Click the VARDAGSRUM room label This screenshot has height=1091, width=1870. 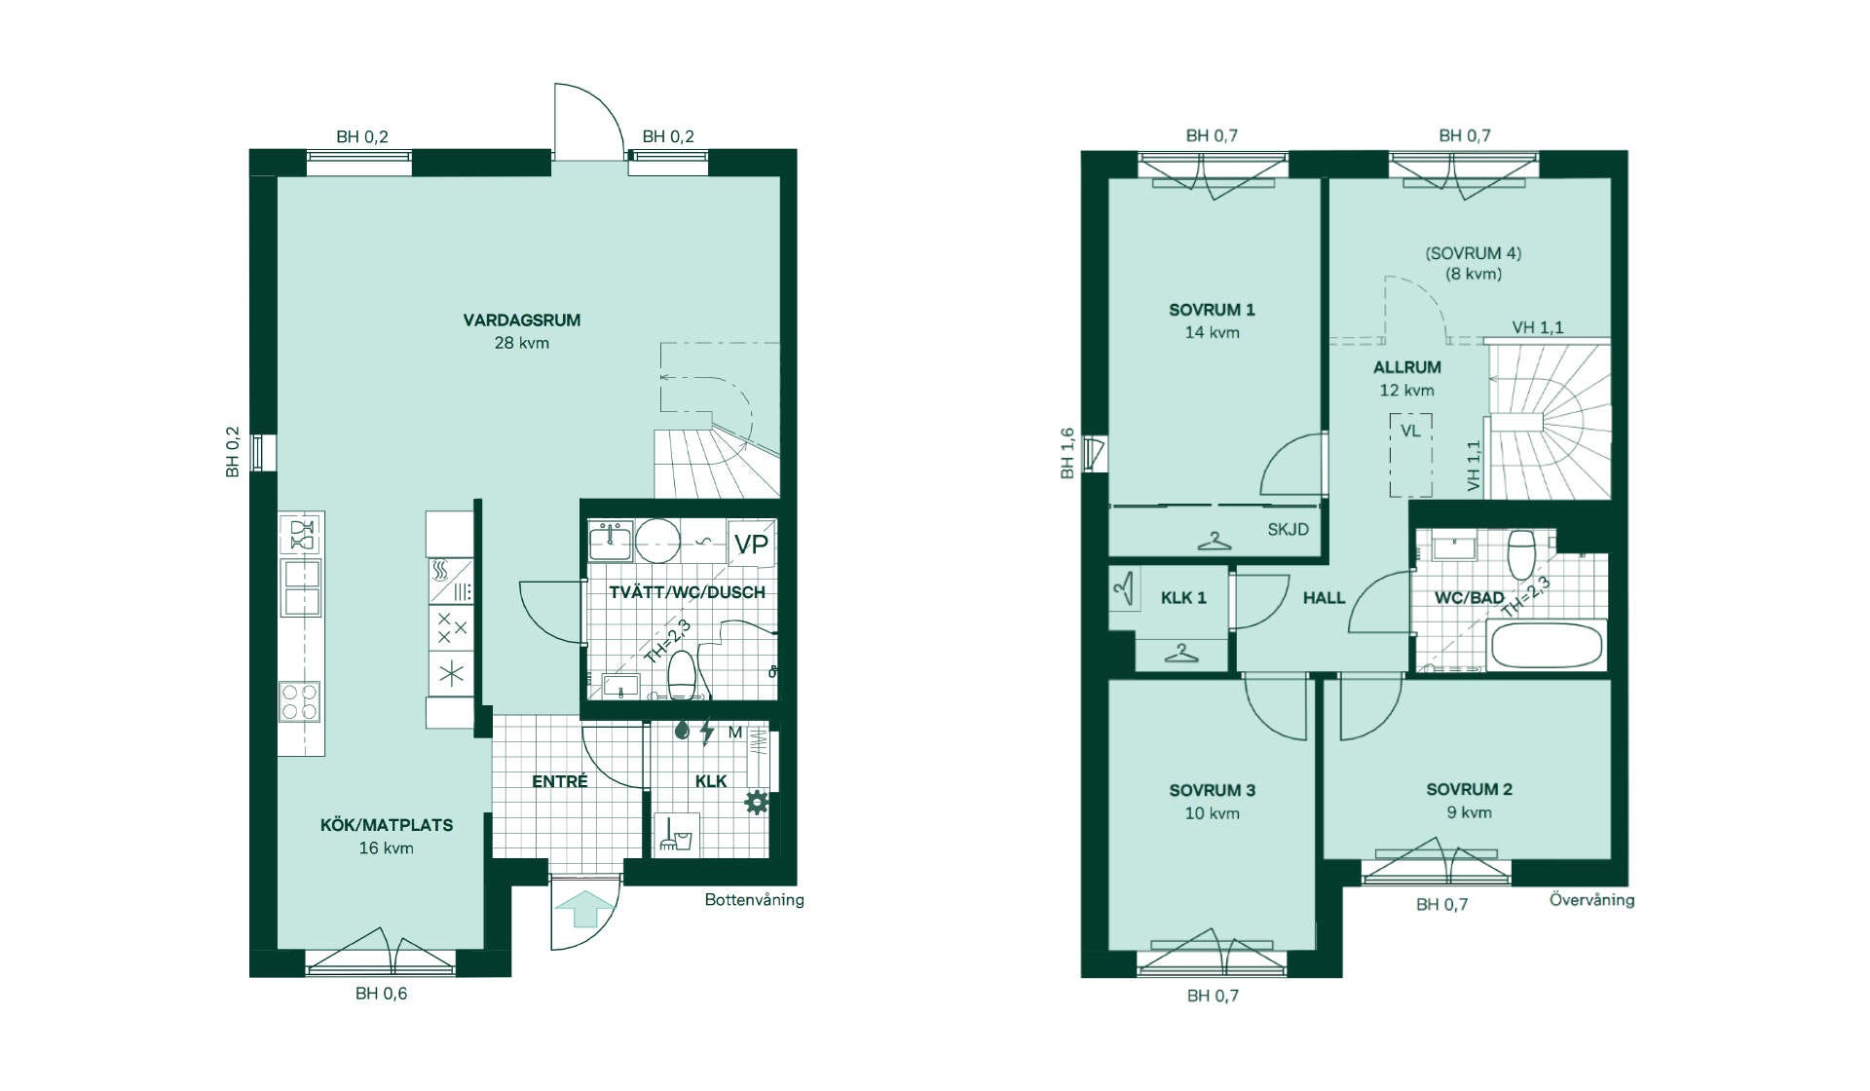point(521,320)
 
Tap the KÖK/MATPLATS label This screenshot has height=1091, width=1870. point(387,825)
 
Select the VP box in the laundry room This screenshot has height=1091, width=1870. point(751,545)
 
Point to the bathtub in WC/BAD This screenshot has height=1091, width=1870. point(1546,646)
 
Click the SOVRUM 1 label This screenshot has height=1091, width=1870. point(1212,310)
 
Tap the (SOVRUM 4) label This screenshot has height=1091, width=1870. point(1473,253)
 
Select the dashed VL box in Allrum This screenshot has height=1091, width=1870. point(1410,456)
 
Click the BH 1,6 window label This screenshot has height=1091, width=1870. point(1067,453)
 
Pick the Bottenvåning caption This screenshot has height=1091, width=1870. point(754,900)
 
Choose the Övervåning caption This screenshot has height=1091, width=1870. point(1591,899)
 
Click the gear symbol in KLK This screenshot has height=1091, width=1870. point(757,803)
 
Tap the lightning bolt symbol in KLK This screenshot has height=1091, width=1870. point(707,732)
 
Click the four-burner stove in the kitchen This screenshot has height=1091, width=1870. point(300,702)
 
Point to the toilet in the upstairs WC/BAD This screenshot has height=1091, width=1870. point(1521,554)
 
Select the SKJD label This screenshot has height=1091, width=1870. point(1288,530)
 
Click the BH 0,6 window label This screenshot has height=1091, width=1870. point(381,994)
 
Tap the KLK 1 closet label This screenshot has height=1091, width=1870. point(1183,598)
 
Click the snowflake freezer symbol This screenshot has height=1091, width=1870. point(451,673)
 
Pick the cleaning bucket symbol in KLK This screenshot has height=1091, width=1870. point(676,834)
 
